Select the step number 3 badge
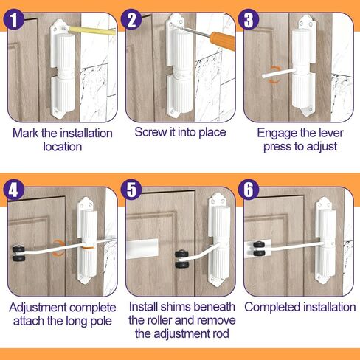(x=252, y=19)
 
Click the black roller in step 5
(x=179, y=257)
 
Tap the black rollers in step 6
(x=257, y=249)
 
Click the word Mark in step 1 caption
(x=29, y=134)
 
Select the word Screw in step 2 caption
(x=150, y=132)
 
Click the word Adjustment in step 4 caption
(x=38, y=306)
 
